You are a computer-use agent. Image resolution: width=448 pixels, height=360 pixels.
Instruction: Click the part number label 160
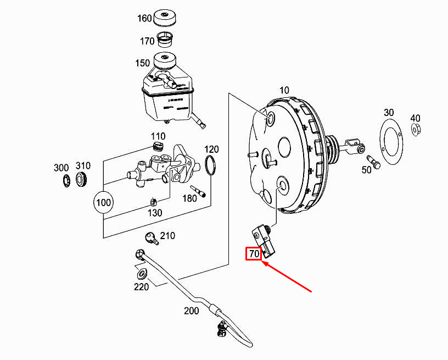pyautogui.click(x=144, y=18)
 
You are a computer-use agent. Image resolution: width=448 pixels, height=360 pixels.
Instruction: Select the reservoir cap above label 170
pyautogui.click(x=165, y=18)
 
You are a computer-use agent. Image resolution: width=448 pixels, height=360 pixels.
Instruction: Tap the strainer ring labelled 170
pyautogui.click(x=165, y=40)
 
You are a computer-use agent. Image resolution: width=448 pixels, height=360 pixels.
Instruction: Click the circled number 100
pyautogui.click(x=103, y=202)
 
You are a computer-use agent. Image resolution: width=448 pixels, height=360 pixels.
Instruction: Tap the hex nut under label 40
pyautogui.click(x=415, y=130)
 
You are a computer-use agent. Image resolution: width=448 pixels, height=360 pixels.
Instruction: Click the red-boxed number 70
pyautogui.click(x=254, y=254)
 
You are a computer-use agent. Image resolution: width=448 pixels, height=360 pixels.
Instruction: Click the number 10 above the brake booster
pyautogui.click(x=284, y=90)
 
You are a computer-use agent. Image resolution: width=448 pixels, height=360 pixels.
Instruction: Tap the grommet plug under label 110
pyautogui.click(x=158, y=147)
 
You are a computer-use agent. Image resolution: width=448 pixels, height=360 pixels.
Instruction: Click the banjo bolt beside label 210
pyautogui.click(x=150, y=238)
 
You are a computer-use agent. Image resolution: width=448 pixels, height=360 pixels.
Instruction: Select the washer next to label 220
pyautogui.click(x=141, y=274)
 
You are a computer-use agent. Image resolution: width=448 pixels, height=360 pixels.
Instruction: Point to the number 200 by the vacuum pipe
pyautogui.click(x=191, y=311)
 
